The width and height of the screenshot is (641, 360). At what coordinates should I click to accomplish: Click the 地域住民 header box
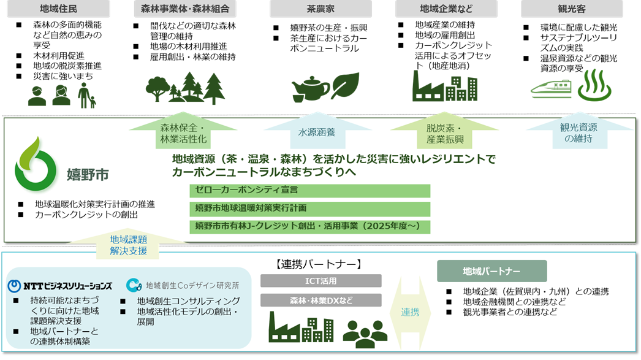[58, 9]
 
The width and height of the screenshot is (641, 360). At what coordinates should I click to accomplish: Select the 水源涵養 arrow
[316, 132]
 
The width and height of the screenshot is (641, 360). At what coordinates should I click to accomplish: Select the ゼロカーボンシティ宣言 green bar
[309, 191]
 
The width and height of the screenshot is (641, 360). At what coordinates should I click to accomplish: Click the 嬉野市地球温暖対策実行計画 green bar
[309, 209]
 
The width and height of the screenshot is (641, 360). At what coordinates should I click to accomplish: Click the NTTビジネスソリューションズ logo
[59, 286]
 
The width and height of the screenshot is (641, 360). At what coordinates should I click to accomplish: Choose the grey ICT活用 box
[320, 281]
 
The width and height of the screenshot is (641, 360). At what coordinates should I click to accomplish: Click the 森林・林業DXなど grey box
[320, 301]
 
